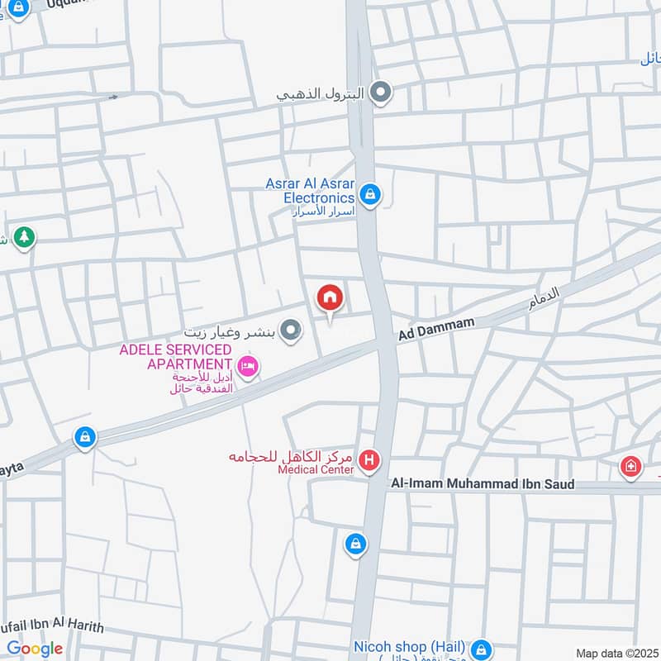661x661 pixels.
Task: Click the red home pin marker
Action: [330, 298]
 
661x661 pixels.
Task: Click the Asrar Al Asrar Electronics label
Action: [310, 191]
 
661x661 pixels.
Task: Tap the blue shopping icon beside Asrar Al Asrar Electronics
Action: [370, 196]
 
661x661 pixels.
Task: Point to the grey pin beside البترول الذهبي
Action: [380, 93]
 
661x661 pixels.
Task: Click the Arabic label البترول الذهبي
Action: [320, 94]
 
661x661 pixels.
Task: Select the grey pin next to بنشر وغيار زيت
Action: [289, 331]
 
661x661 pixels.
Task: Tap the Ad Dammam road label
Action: [436, 329]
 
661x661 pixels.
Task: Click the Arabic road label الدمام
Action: [544, 299]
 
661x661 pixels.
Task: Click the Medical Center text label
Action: [316, 469]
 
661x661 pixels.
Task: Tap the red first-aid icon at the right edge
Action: [630, 467]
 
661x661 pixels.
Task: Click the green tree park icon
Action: [25, 237]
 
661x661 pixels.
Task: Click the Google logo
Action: [35, 649]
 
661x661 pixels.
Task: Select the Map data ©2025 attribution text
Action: [616, 653]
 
